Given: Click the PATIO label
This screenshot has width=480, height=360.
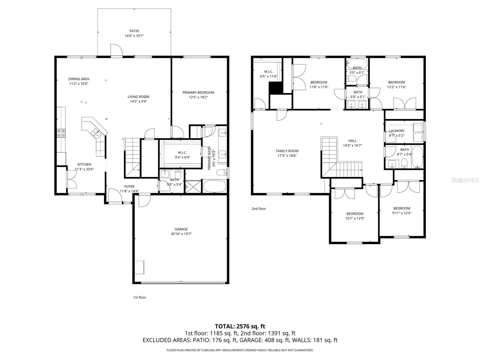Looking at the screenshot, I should click(134, 31).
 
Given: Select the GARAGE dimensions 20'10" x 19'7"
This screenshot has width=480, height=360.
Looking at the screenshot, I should click(181, 234).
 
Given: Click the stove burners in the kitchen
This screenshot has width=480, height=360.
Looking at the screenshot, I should click(61, 133).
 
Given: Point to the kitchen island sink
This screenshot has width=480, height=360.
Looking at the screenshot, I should click(96, 133).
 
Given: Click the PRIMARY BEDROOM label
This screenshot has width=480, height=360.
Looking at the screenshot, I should click(198, 92).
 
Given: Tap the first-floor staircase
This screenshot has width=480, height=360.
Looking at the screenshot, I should click(132, 157).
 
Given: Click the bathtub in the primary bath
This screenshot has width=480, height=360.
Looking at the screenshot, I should click(215, 186).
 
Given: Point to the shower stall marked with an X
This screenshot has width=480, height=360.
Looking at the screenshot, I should click(193, 187).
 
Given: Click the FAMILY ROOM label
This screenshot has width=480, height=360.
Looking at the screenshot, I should click(287, 151).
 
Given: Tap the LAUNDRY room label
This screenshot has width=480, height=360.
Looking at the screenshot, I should click(397, 131).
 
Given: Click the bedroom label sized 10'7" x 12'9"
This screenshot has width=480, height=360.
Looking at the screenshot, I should click(355, 214).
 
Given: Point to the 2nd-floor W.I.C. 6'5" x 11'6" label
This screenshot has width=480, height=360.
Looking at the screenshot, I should click(268, 71).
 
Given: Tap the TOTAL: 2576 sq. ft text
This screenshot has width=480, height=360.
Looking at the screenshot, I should click(240, 326).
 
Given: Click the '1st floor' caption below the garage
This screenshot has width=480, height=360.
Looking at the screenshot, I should click(139, 297).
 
